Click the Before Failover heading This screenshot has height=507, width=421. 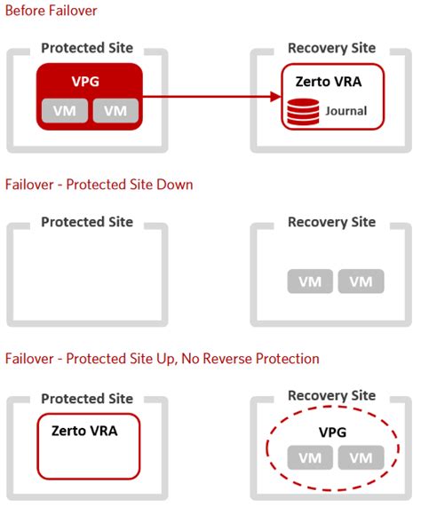(x=52, y=12)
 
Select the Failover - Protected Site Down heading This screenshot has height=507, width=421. (x=99, y=185)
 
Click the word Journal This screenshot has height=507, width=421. (x=346, y=112)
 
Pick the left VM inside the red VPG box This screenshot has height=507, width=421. (x=64, y=111)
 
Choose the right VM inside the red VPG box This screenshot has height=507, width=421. (x=115, y=111)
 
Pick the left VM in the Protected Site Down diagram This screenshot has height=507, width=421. (x=310, y=281)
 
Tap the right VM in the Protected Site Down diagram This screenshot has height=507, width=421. (x=361, y=281)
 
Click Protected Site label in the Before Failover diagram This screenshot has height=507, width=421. (x=87, y=48)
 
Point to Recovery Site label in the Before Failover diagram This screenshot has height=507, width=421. (x=331, y=48)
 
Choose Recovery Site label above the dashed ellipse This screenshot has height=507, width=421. (x=331, y=396)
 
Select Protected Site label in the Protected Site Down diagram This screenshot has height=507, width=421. (x=87, y=222)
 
